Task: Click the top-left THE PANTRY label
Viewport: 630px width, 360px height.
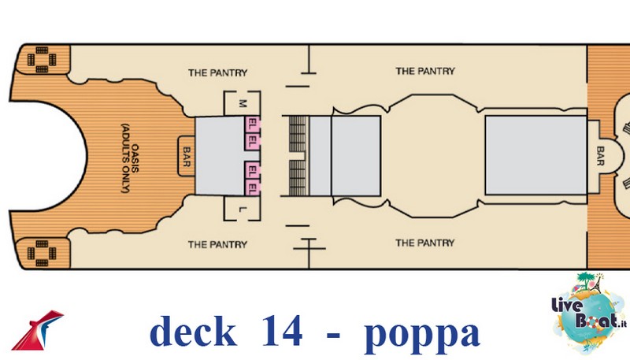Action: pyautogui.click(x=217, y=72)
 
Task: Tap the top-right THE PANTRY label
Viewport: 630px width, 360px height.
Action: pyautogui.click(x=425, y=72)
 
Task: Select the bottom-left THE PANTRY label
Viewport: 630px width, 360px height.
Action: pyautogui.click(x=217, y=244)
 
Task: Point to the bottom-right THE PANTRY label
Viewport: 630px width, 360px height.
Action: pyautogui.click(x=425, y=243)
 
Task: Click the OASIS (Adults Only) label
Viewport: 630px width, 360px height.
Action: pyautogui.click(x=128, y=158)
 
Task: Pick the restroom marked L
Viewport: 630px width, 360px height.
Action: pyautogui.click(x=243, y=210)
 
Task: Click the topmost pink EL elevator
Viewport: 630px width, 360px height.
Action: pyautogui.click(x=254, y=124)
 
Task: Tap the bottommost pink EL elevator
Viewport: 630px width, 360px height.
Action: pyautogui.click(x=254, y=189)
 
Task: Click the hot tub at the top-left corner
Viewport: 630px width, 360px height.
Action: pyautogui.click(x=39, y=58)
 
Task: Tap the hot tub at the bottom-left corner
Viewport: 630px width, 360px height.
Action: pyautogui.click(x=39, y=254)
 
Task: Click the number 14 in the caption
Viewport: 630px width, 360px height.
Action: pyautogui.click(x=278, y=332)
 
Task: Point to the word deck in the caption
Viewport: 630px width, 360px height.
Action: pyautogui.click(x=192, y=332)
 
